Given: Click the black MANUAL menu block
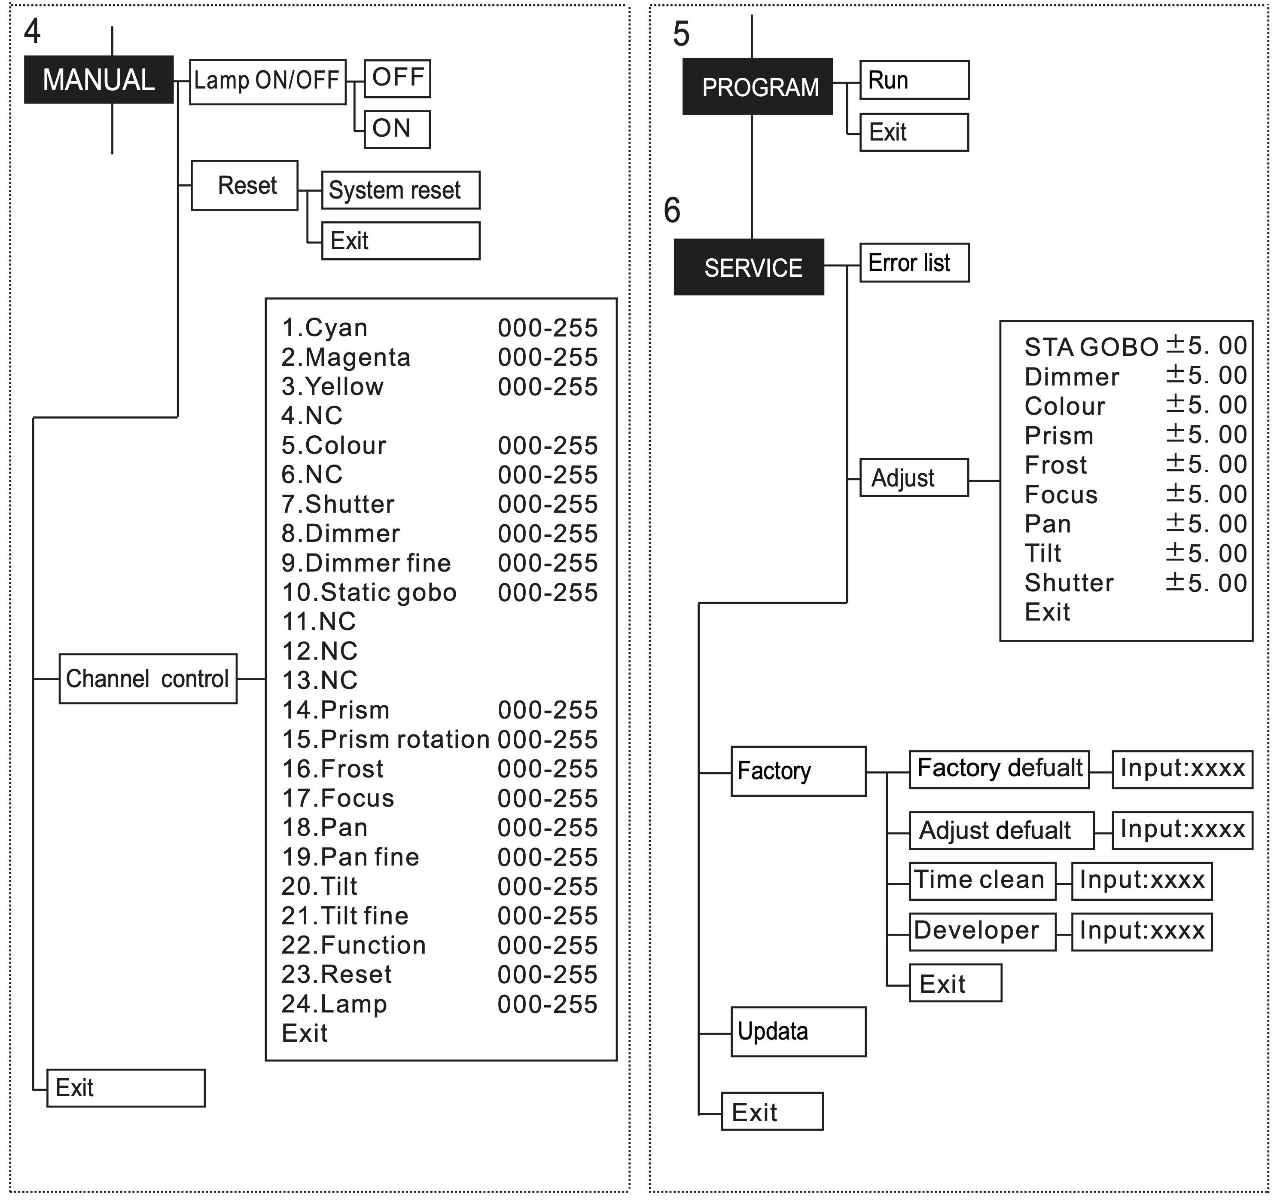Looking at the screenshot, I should click(x=98, y=80).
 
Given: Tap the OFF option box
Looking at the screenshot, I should click(x=397, y=78).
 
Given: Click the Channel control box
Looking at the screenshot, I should click(x=148, y=679).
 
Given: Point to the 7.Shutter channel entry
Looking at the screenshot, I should click(x=338, y=505).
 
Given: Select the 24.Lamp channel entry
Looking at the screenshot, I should click(x=334, y=1004).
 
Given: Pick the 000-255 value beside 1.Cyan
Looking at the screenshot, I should click(x=547, y=328).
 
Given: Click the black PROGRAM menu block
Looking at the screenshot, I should click(x=757, y=87).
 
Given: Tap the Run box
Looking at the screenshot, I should click(x=914, y=80).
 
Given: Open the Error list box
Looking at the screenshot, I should click(x=914, y=263).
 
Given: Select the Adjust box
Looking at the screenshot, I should click(x=914, y=477).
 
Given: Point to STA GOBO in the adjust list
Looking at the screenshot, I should click(x=1091, y=347).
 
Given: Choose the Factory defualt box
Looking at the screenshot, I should click(x=999, y=769).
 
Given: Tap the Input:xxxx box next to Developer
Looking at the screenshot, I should click(x=1141, y=931).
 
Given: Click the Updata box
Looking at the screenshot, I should click(x=798, y=1032).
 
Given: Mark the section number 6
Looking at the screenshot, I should click(x=672, y=210).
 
